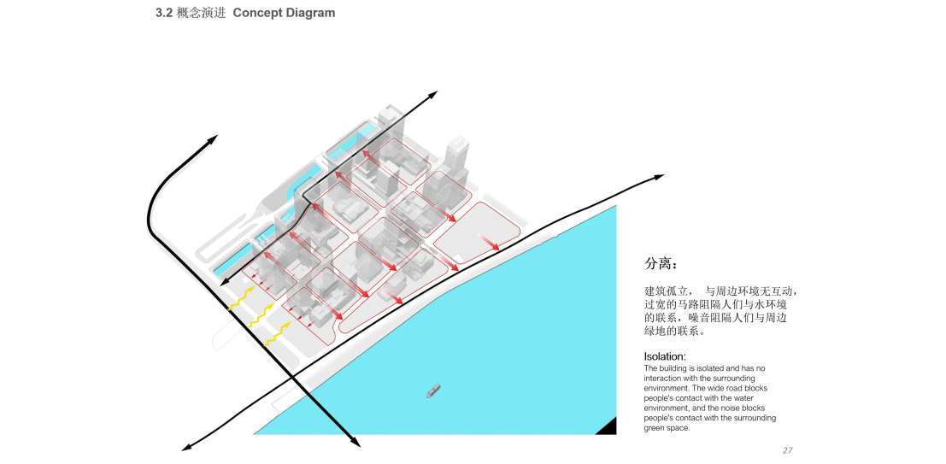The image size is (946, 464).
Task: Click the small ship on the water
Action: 434,391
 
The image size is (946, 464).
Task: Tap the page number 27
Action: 787,450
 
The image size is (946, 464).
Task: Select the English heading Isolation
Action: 665,356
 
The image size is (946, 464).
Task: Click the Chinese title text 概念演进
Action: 201,13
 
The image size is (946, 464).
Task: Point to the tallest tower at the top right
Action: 457,158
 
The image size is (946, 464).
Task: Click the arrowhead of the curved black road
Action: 212,139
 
